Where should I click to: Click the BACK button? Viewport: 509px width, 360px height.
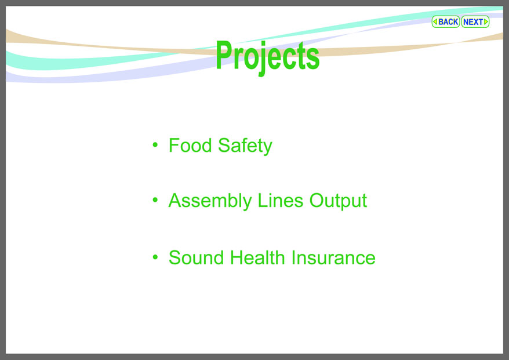click(445, 22)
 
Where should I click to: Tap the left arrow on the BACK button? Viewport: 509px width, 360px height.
click(435, 22)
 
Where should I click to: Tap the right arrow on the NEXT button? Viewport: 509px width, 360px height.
click(486, 22)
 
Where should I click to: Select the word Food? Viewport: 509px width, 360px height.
click(190, 145)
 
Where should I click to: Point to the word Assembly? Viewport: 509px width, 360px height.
click(210, 201)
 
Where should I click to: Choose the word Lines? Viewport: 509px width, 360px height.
click(281, 200)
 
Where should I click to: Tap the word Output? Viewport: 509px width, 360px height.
click(338, 201)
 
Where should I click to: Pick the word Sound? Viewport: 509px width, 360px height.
click(196, 258)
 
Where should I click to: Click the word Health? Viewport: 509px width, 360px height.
click(257, 258)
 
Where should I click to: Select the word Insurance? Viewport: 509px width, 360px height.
click(333, 258)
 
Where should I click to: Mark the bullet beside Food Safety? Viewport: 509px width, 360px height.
click(155, 145)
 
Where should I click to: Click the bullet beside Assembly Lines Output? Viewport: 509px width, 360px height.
click(155, 200)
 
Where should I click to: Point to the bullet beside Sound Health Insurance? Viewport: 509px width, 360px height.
click(155, 257)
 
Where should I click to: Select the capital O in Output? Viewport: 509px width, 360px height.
click(317, 200)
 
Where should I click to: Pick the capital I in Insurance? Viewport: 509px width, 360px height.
click(293, 258)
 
